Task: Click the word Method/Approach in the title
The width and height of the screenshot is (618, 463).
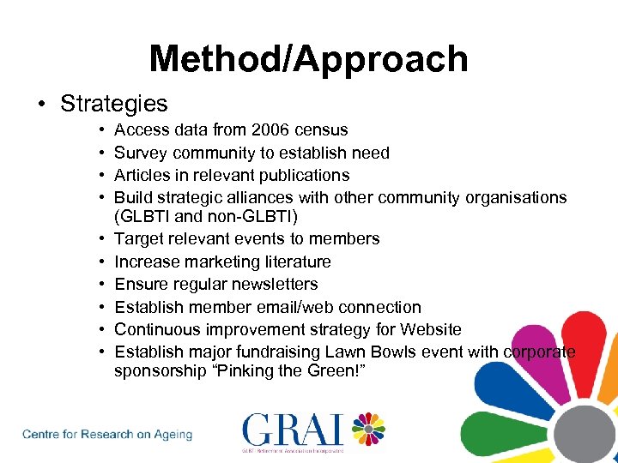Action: click(x=308, y=59)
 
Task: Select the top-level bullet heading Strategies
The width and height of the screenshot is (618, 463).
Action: click(x=113, y=104)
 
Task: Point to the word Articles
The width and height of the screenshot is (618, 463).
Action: click(x=144, y=175)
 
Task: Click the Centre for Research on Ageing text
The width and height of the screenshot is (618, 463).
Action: click(x=107, y=435)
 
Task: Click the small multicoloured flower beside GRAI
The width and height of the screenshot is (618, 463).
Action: click(x=368, y=430)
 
